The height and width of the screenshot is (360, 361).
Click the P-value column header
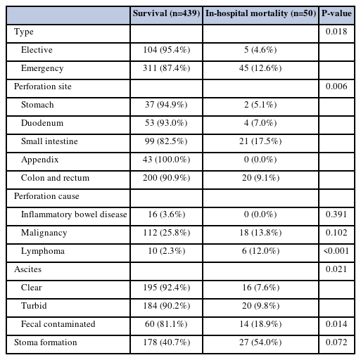(x=336, y=13)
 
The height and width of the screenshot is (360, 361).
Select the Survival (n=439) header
(x=166, y=13)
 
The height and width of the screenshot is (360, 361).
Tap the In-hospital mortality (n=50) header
(x=260, y=13)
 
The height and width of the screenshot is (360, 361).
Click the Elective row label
(x=37, y=50)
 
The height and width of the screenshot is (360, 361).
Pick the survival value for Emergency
(x=166, y=68)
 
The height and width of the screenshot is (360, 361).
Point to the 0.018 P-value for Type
(x=336, y=32)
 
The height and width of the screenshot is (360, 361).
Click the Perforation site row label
(x=43, y=86)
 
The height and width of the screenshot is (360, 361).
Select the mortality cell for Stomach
(x=260, y=105)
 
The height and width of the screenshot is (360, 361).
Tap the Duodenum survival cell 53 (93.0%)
(x=166, y=123)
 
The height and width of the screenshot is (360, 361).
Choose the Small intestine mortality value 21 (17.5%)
(x=260, y=141)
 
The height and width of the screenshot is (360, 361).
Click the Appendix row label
(x=39, y=160)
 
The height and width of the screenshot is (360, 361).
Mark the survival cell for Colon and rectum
(x=166, y=178)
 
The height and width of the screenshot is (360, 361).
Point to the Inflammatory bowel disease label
(x=74, y=214)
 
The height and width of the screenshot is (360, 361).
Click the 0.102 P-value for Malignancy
(x=336, y=233)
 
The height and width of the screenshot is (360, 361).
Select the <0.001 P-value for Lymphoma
(x=336, y=251)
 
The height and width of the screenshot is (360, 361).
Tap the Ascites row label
(x=27, y=269)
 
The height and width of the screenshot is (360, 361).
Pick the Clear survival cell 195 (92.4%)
(x=166, y=288)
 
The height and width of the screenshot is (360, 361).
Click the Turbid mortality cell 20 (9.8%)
(x=260, y=306)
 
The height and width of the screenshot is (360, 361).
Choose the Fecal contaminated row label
(x=58, y=324)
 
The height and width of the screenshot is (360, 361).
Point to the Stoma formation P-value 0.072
(x=336, y=342)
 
